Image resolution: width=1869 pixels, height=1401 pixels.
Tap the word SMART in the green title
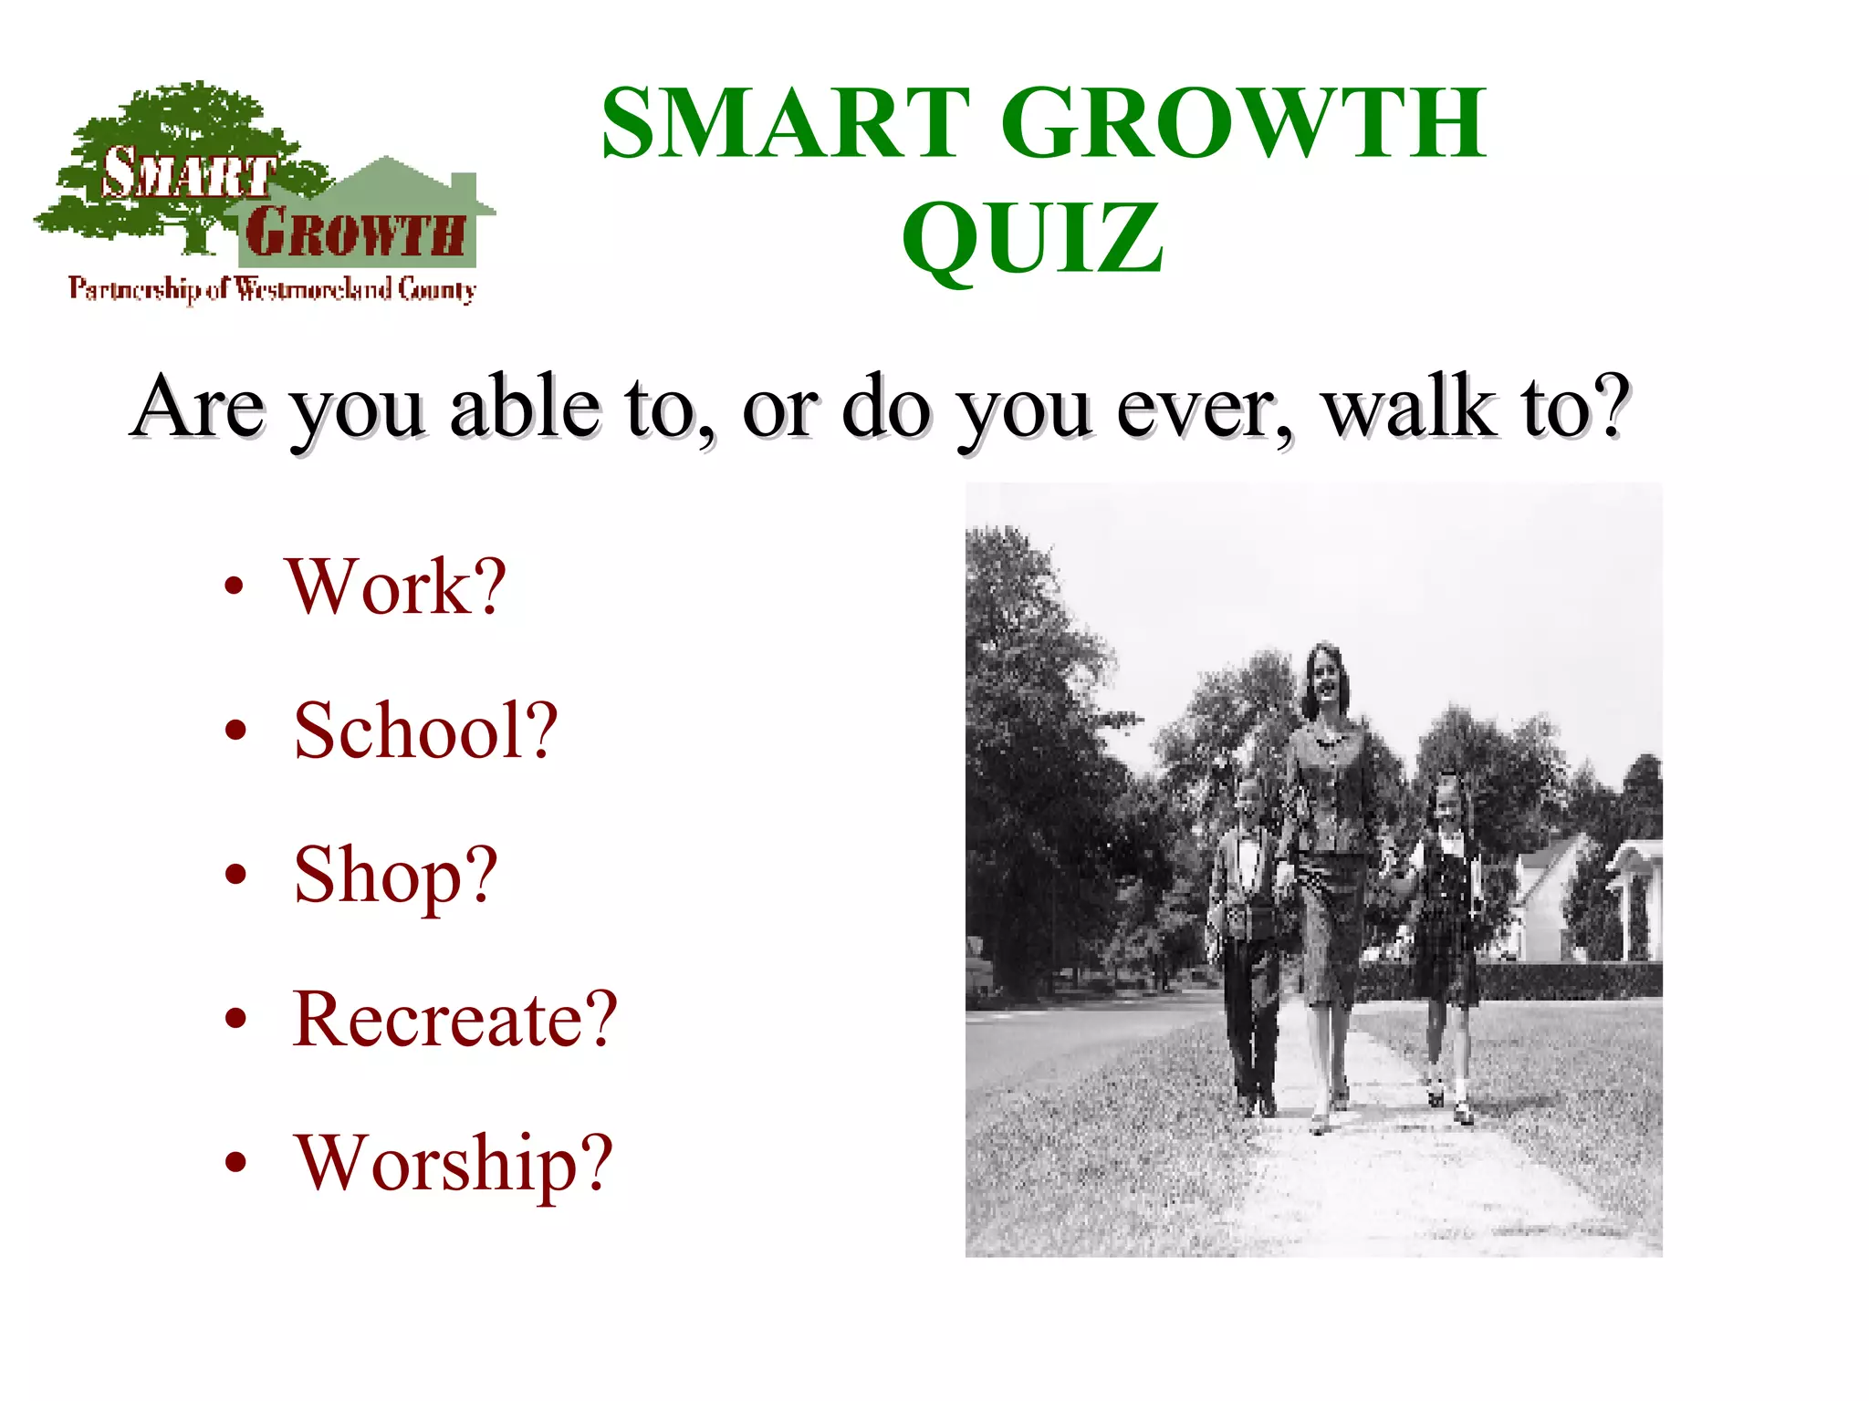786,123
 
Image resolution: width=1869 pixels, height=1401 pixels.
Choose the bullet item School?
424,732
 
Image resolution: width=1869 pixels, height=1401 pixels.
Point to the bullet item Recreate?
454,1020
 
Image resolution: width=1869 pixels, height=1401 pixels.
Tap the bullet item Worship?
453,1164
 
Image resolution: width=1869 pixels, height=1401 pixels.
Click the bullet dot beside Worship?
236,1162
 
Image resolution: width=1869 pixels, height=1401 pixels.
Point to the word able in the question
524,407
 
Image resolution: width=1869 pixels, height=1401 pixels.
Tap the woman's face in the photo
1321,677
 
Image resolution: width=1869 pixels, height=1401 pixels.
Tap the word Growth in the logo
354,233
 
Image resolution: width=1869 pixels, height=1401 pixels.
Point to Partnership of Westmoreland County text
272,289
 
